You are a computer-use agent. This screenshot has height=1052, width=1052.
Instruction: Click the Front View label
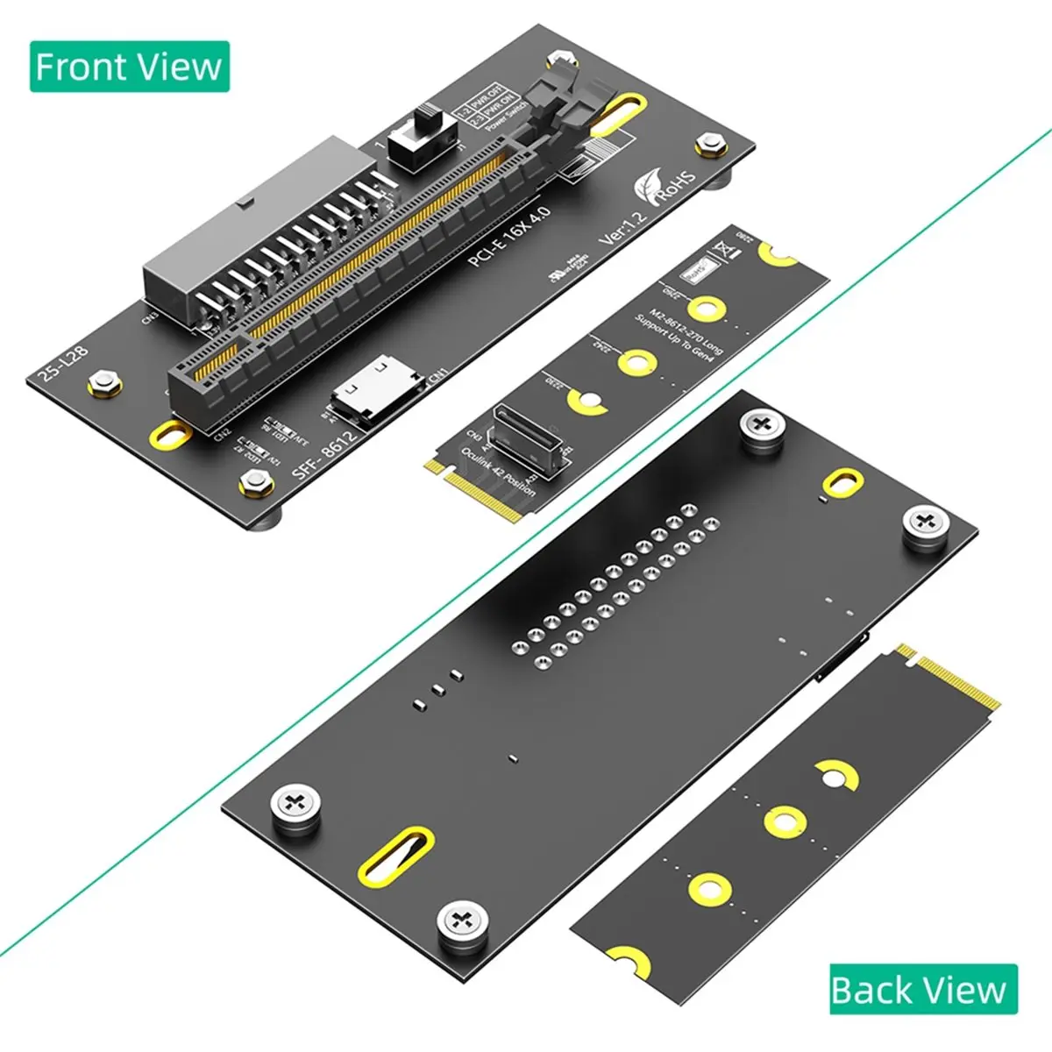pos(130,67)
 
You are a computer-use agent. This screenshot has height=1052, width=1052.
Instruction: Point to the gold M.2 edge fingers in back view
pos(951,679)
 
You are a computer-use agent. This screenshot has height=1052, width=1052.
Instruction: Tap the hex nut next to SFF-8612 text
pos(255,480)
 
